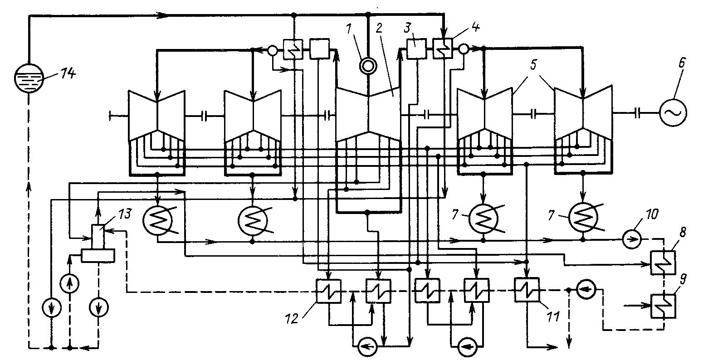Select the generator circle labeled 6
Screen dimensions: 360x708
(x=673, y=111)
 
